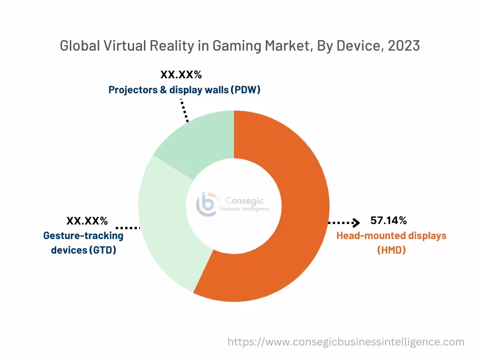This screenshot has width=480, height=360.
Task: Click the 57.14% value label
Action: (388, 220)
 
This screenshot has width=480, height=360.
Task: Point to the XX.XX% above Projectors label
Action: (181, 75)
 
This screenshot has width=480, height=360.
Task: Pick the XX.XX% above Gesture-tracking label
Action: (87, 220)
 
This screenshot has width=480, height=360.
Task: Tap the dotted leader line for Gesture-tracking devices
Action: (127, 228)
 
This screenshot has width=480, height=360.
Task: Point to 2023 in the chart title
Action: (404, 45)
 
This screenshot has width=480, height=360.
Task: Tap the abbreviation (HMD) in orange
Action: (391, 250)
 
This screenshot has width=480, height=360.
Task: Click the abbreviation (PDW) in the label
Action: (245, 89)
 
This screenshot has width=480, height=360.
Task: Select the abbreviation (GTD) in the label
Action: (103, 250)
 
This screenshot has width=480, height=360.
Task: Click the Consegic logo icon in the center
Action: (207, 204)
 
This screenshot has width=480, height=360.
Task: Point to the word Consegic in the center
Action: (244, 201)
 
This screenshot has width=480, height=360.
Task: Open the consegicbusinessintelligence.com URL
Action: (346, 342)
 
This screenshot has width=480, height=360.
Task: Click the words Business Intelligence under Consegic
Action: (244, 209)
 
